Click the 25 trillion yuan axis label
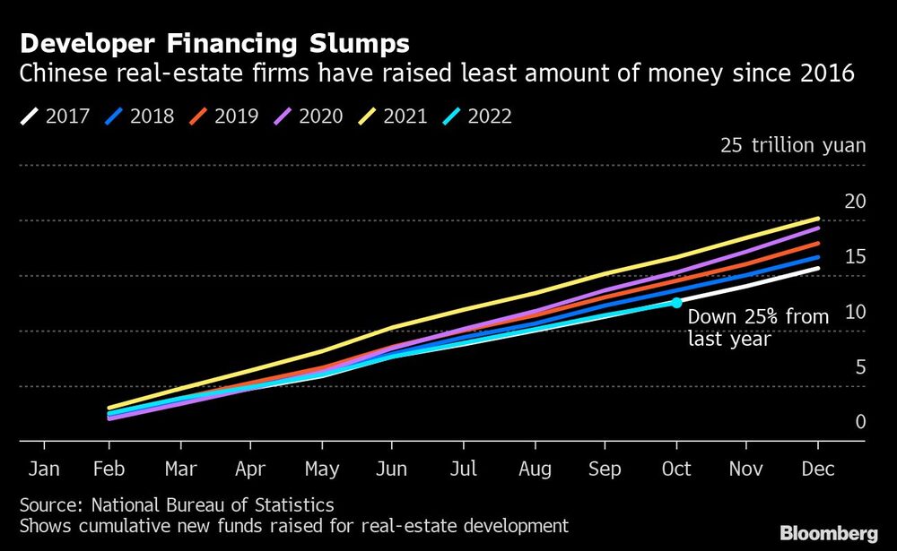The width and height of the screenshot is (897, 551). [793, 145]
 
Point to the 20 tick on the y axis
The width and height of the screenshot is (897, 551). [855, 201]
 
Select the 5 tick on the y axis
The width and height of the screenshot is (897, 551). [860, 366]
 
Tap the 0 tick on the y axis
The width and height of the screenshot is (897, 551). [860, 422]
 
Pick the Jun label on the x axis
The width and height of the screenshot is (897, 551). [391, 469]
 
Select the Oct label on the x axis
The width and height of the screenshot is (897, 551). [676, 469]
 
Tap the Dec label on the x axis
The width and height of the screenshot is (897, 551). [818, 469]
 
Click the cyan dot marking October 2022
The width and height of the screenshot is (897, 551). [676, 303]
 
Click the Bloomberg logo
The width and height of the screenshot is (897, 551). [829, 533]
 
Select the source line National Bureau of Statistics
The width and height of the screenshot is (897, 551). [176, 505]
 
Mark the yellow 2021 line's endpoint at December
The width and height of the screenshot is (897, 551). [818, 219]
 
